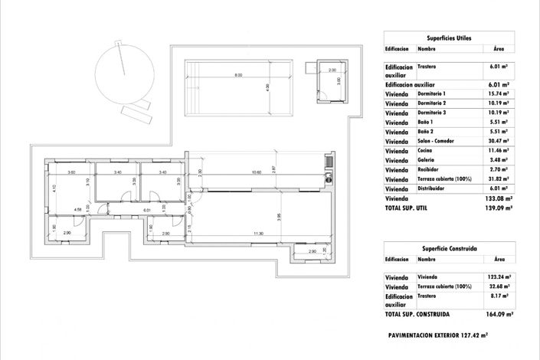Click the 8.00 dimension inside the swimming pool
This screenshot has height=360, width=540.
(x=238, y=75)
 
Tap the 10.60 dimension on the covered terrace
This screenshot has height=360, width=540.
(x=257, y=172)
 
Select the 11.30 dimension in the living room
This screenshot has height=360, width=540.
(x=258, y=234)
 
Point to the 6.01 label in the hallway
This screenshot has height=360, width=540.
(x=147, y=209)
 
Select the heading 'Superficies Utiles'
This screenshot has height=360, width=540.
(x=449, y=37)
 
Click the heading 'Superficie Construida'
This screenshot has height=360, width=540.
(x=449, y=249)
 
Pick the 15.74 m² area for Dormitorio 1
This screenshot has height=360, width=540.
(x=499, y=93)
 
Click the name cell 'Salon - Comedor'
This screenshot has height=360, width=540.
(x=437, y=141)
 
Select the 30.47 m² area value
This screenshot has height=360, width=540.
(x=499, y=141)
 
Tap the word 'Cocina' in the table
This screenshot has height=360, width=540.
(x=426, y=151)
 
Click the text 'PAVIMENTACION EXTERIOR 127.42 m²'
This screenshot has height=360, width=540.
(x=438, y=335)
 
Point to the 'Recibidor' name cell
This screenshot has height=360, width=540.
(x=429, y=169)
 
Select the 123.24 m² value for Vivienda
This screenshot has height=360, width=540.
(x=499, y=278)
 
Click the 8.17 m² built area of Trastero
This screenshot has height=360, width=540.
(x=501, y=296)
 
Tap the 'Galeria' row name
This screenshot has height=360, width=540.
(x=427, y=160)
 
